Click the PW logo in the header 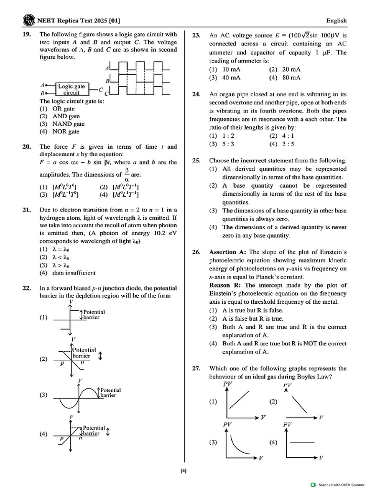pyautogui.click(x=29, y=21)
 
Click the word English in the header pyautogui.click(x=336, y=21)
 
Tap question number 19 pyautogui.click(x=27, y=34)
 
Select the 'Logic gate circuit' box pyautogui.click(x=72, y=89)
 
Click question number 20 pyautogui.click(x=27, y=147)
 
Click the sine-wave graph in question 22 pyautogui.click(x=78, y=396)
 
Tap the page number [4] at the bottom pyautogui.click(x=183, y=471)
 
